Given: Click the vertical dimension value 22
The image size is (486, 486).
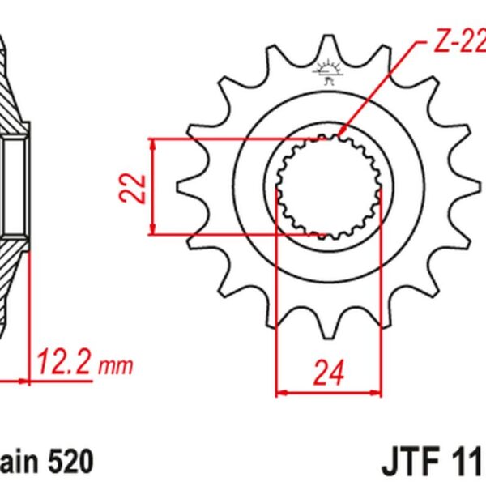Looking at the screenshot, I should coord(137,188).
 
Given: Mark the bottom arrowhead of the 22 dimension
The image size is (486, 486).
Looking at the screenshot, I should coord(153,232).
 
